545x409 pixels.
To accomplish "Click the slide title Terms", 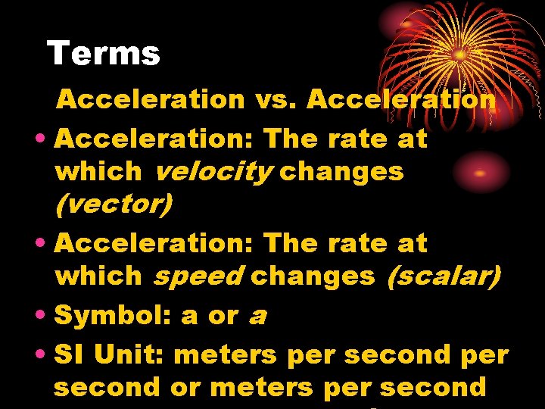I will [x=103, y=54].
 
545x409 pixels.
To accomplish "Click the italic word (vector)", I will [x=114, y=204].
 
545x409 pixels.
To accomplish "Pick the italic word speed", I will [x=199, y=276].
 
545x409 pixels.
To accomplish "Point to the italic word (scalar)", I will [x=444, y=276].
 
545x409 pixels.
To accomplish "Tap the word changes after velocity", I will [x=342, y=172].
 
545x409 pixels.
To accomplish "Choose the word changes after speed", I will [x=313, y=276].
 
